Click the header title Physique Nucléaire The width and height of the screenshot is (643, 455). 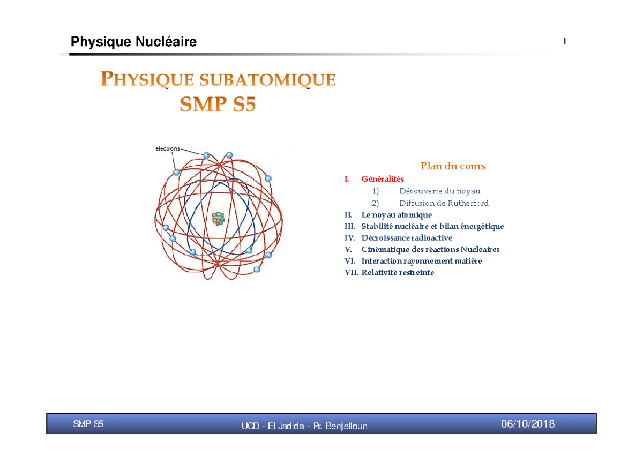click(x=133, y=42)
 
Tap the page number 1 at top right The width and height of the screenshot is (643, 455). click(x=564, y=42)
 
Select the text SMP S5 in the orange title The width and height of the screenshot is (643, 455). click(x=218, y=103)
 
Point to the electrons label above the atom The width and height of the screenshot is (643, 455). click(x=168, y=149)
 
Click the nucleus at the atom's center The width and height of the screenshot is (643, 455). click(x=218, y=218)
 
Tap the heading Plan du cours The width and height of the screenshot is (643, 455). click(x=453, y=166)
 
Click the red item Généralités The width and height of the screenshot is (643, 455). click(x=383, y=179)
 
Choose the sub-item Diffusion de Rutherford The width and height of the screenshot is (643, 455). click(x=444, y=203)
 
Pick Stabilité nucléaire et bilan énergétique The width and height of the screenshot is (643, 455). click(x=432, y=227)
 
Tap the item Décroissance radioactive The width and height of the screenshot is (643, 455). click(x=407, y=238)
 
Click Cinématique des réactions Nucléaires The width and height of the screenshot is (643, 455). click(x=430, y=250)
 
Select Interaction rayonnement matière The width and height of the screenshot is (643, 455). click(x=422, y=261)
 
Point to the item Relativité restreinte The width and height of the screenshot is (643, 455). click(x=398, y=273)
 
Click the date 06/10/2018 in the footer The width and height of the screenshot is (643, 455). click(x=528, y=424)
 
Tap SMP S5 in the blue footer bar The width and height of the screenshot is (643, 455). click(x=88, y=424)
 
